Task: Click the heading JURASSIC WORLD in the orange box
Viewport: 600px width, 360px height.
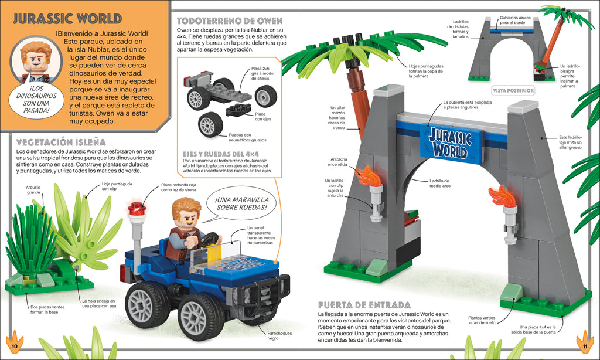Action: pyautogui.click(x=67, y=18)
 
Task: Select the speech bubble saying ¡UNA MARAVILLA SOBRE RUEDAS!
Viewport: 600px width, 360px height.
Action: pyautogui.click(x=241, y=203)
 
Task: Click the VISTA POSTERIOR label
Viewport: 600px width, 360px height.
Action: pyautogui.click(x=513, y=90)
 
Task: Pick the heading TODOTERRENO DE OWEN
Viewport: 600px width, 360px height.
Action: pyautogui.click(x=229, y=21)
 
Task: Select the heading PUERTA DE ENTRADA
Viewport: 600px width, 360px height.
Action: pyautogui.click(x=363, y=305)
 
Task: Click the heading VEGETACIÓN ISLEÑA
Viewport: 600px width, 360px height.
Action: pyautogui.click(x=62, y=142)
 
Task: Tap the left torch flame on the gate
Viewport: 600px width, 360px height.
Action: pyautogui.click(x=369, y=175)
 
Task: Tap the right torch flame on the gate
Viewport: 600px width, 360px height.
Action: pyautogui.click(x=502, y=196)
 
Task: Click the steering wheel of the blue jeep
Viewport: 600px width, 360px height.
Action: pyautogui.click(x=209, y=239)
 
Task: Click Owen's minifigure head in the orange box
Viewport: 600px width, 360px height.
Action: pyautogui.click(x=36, y=56)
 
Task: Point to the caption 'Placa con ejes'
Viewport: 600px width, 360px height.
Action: pyautogui.click(x=261, y=116)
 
